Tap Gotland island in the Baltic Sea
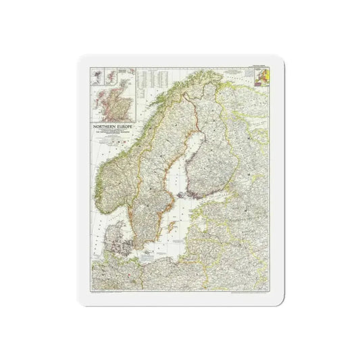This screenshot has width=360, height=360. [169, 227]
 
